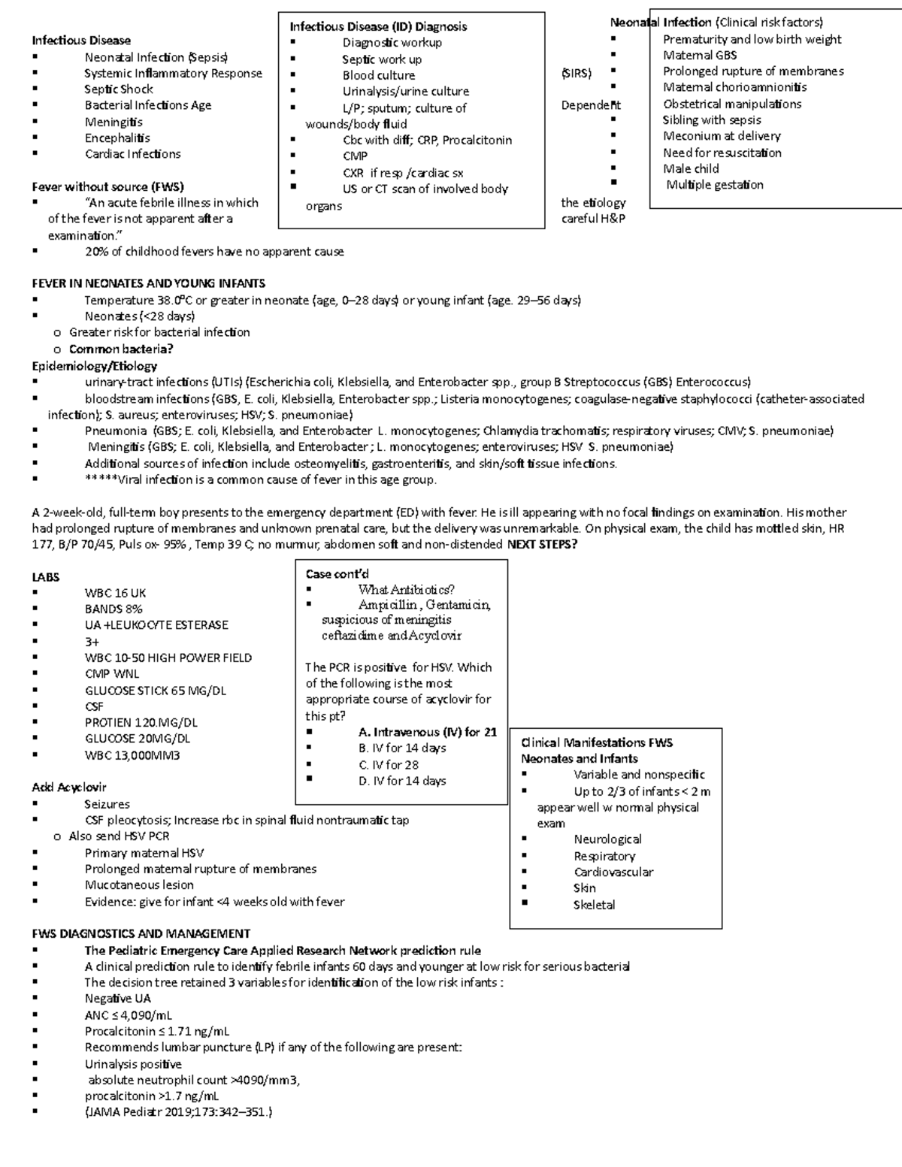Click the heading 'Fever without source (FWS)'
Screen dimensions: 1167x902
click(107, 186)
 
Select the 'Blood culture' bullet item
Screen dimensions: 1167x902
click(378, 75)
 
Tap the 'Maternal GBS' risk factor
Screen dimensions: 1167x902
click(699, 55)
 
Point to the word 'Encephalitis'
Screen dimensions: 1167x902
click(117, 138)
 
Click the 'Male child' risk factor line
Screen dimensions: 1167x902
click(690, 168)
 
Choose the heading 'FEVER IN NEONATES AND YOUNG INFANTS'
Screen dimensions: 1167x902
click(148, 283)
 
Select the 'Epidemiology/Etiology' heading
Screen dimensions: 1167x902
click(94, 366)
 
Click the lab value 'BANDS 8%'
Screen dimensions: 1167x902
click(114, 609)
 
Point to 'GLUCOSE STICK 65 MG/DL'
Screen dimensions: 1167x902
click(155, 691)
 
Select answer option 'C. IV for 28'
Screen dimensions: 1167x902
click(389, 765)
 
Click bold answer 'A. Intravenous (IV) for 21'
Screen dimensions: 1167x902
click(427, 732)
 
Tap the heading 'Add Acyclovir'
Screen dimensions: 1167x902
click(69, 787)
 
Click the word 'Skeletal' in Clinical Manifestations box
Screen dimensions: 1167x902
click(594, 905)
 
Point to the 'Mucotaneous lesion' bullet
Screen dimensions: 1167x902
click(139, 885)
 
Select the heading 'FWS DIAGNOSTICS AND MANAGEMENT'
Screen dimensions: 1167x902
click(141, 933)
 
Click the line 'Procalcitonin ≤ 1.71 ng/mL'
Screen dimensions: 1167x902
click(157, 1031)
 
